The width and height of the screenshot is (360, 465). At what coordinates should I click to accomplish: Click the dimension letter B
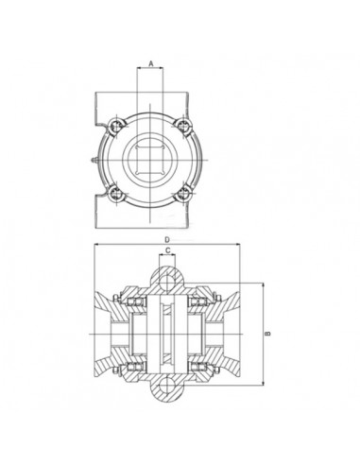[x=269, y=333]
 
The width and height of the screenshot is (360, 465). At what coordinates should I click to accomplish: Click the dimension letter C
[x=167, y=252]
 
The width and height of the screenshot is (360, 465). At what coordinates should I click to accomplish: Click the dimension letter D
[x=167, y=240]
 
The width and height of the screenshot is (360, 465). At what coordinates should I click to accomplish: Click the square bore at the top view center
[x=150, y=158]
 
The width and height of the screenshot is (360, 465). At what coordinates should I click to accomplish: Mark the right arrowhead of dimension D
[x=240, y=247]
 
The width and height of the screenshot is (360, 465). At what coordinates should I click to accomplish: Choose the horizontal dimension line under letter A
[x=150, y=70]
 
